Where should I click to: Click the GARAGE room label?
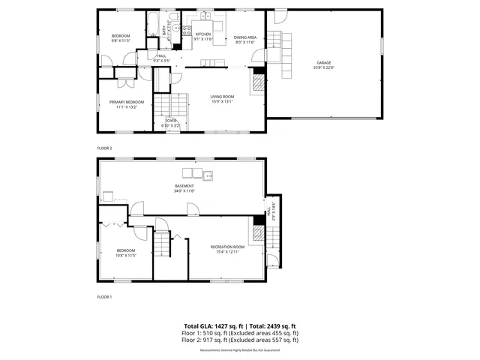point(323,63)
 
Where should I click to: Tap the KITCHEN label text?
point(203,34)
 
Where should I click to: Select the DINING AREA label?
point(244,37)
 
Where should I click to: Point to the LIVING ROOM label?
point(222,96)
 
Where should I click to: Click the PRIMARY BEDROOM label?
point(126,102)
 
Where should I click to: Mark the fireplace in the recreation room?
point(257,234)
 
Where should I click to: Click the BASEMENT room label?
point(184,186)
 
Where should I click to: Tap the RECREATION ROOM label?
point(227,247)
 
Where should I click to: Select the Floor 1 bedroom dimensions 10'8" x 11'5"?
point(125,256)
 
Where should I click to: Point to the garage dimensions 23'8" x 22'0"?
point(323,68)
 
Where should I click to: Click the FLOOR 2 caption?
point(104,148)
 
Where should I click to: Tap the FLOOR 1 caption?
point(104,297)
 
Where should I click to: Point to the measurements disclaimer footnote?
point(239,350)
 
